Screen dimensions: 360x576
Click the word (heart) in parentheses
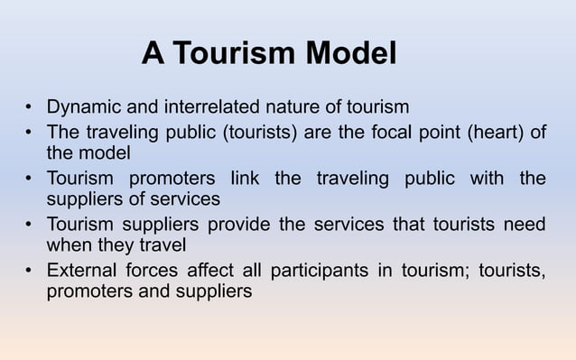tap(495, 133)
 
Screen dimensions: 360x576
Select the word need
tap(525, 225)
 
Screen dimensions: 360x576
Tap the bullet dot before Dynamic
tap(29, 108)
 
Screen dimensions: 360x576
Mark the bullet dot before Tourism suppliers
tap(29, 226)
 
